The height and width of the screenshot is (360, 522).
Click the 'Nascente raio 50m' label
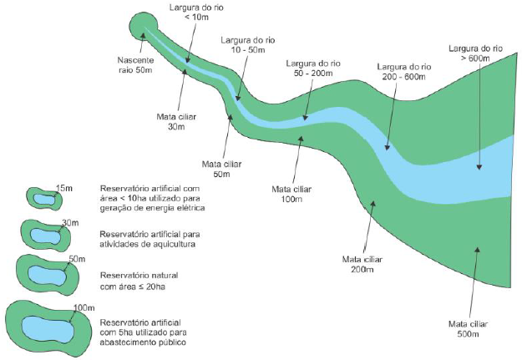pyautogui.click(x=135, y=65)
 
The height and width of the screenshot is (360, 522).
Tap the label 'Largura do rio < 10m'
pyautogui.click(x=196, y=13)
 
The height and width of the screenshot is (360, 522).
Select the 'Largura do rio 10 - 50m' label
pyautogui.click(x=248, y=45)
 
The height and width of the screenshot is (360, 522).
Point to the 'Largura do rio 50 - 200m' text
pyautogui.click(x=313, y=68)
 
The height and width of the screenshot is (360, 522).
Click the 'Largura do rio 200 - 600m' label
pyautogui.click(x=404, y=72)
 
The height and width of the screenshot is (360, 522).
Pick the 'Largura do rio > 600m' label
pyautogui.click(x=476, y=53)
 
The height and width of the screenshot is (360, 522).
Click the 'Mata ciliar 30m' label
pyautogui.click(x=176, y=122)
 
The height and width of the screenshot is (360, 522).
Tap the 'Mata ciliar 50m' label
pyautogui.click(x=221, y=169)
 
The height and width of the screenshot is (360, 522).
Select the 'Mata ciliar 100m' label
pyautogui.click(x=291, y=194)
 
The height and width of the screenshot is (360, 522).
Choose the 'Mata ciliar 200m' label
pyautogui.click(x=362, y=264)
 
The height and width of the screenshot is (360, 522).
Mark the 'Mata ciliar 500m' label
pyautogui.click(x=468, y=329)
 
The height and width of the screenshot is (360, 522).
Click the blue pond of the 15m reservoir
pyautogui.click(x=44, y=199)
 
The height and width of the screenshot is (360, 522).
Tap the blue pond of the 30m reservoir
pyautogui.click(x=46, y=236)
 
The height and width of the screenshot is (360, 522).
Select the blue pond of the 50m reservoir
pyautogui.click(x=47, y=276)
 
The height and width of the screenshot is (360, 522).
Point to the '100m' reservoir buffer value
pyautogui.click(x=84, y=307)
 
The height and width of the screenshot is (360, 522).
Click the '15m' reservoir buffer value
pyautogui.click(x=64, y=188)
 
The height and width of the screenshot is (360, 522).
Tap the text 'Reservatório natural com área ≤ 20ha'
pyautogui.click(x=139, y=281)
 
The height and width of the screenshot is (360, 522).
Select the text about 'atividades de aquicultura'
pyautogui.click(x=150, y=239)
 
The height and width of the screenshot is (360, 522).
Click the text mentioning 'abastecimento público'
pyautogui.click(x=143, y=332)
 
